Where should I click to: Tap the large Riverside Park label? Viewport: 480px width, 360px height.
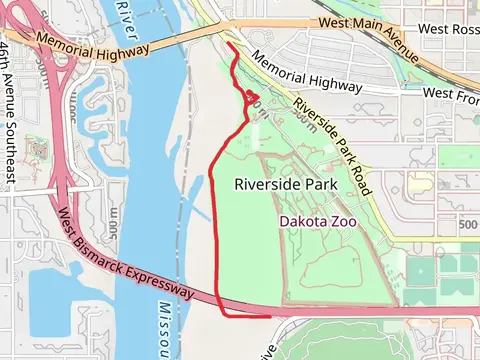[286, 184]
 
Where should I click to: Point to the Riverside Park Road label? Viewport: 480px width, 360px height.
[334, 150]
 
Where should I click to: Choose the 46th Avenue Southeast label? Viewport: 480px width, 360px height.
[8, 111]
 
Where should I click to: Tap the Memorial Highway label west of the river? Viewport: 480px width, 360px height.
[92, 43]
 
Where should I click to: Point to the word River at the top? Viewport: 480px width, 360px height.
[126, 14]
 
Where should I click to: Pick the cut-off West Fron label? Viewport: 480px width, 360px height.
[451, 93]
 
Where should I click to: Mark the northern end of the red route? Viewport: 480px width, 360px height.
[230, 45]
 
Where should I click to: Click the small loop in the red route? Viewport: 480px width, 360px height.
[252, 98]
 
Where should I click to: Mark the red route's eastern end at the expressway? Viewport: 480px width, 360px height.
[269, 315]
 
